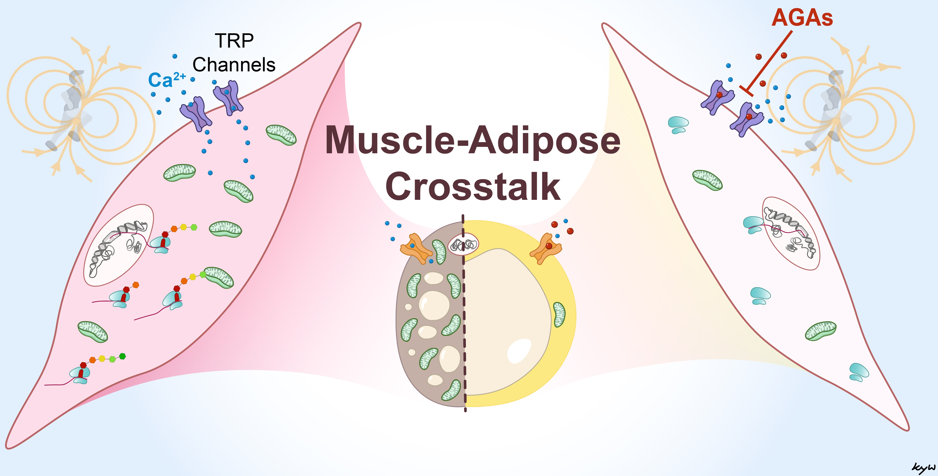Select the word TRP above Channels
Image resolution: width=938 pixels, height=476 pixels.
(x=234, y=40)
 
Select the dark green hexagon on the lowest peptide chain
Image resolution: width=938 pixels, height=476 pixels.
(x=123, y=356)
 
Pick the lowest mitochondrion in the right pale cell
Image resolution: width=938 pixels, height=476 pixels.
(x=820, y=331)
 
